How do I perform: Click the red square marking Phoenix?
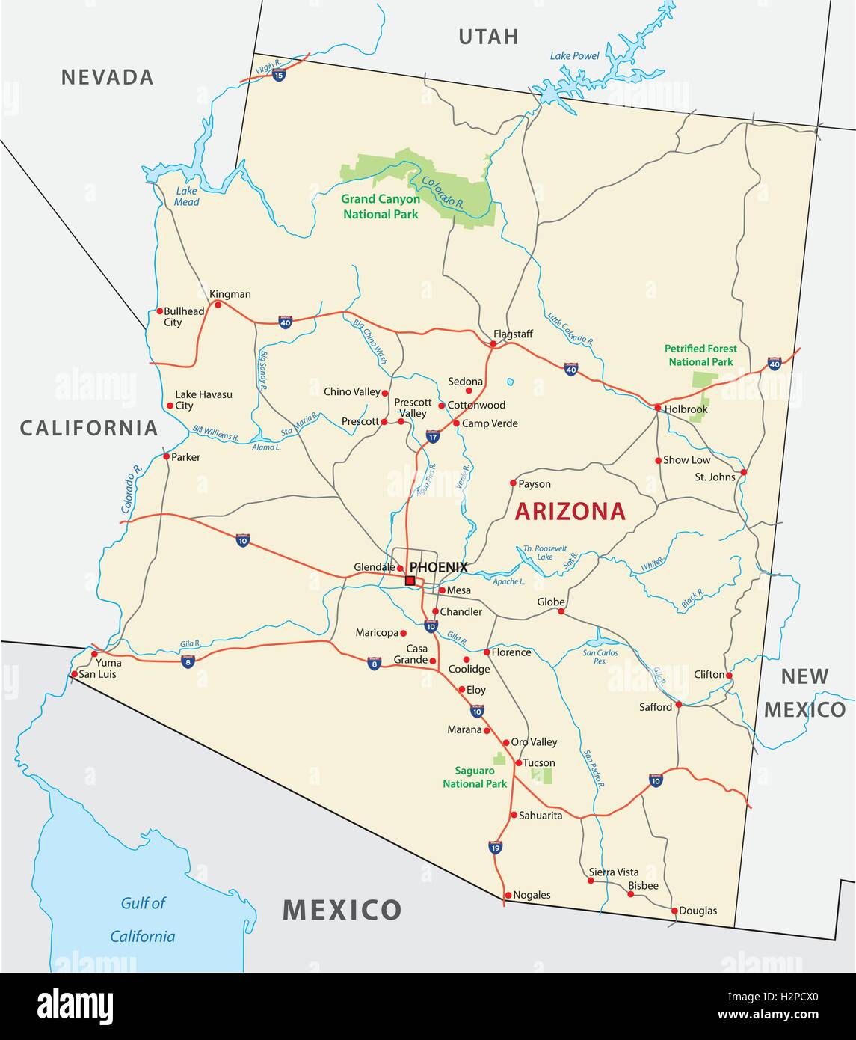[410, 581]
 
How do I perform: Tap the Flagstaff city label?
[513, 334]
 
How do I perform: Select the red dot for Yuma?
[94, 654]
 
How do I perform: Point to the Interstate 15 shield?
[279, 75]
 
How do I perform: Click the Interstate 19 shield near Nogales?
[495, 847]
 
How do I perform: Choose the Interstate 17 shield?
[433, 436]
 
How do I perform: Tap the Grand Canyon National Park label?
[381, 207]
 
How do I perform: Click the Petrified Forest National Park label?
[700, 355]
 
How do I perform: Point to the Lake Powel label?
[575, 55]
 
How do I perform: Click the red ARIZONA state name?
[570, 511]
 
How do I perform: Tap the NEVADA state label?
[108, 77]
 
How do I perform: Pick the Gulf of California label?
[143, 920]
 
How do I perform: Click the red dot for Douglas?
[674, 911]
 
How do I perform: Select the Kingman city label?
[230, 294]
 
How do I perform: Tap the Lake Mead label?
[187, 196]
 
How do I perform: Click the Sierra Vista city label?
[614, 872]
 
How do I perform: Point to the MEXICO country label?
[342, 910]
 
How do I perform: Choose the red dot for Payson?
[513, 483]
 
